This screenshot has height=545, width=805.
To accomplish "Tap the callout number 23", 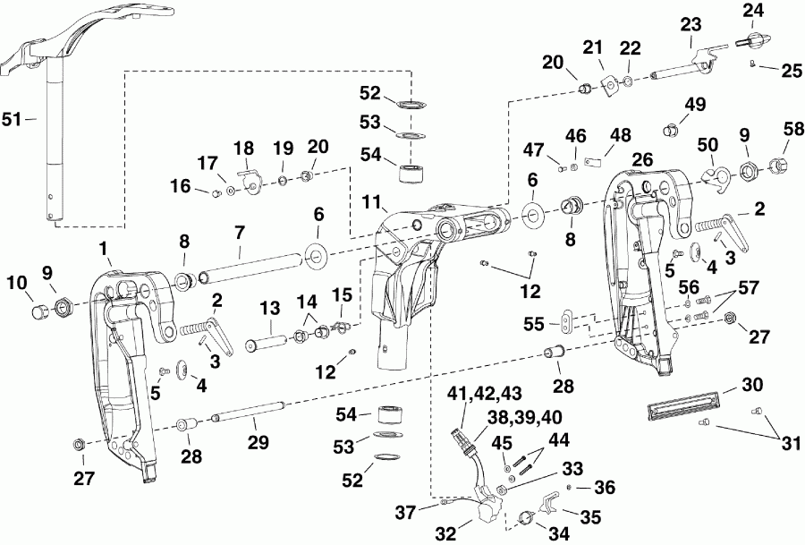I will tap(691, 27).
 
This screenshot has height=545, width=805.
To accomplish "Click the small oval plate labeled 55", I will tap(567, 320).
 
